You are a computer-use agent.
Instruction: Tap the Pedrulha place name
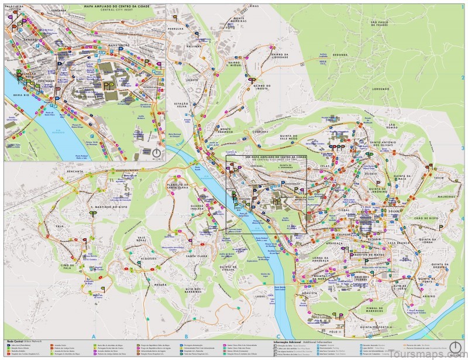[176, 28]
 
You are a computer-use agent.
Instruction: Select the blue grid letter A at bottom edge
[94, 337]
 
